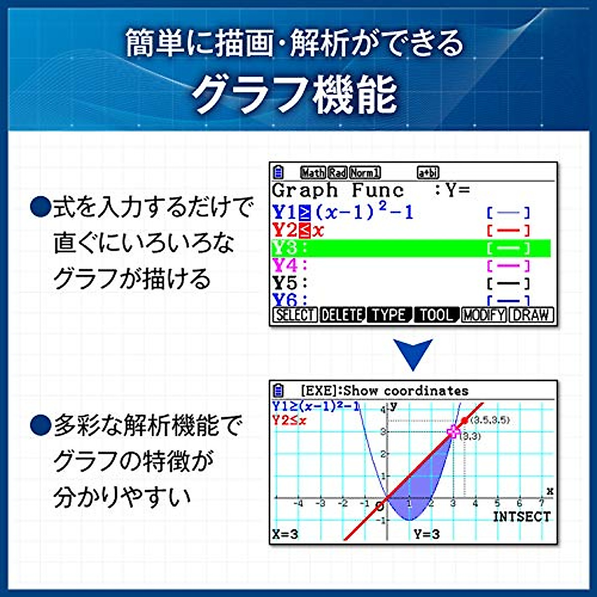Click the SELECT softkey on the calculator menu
click(295, 315)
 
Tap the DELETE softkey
click(342, 315)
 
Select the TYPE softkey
click(389, 315)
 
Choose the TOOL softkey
click(436, 315)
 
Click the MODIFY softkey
click(483, 315)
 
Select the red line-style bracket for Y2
click(508, 230)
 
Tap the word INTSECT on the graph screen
click(521, 517)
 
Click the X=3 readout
click(286, 535)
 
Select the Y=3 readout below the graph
click(427, 535)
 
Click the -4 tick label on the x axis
click(298, 503)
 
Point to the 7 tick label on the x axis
click(541, 503)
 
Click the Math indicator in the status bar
click(312, 173)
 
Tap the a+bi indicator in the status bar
click(428, 173)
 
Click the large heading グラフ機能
click(295, 95)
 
